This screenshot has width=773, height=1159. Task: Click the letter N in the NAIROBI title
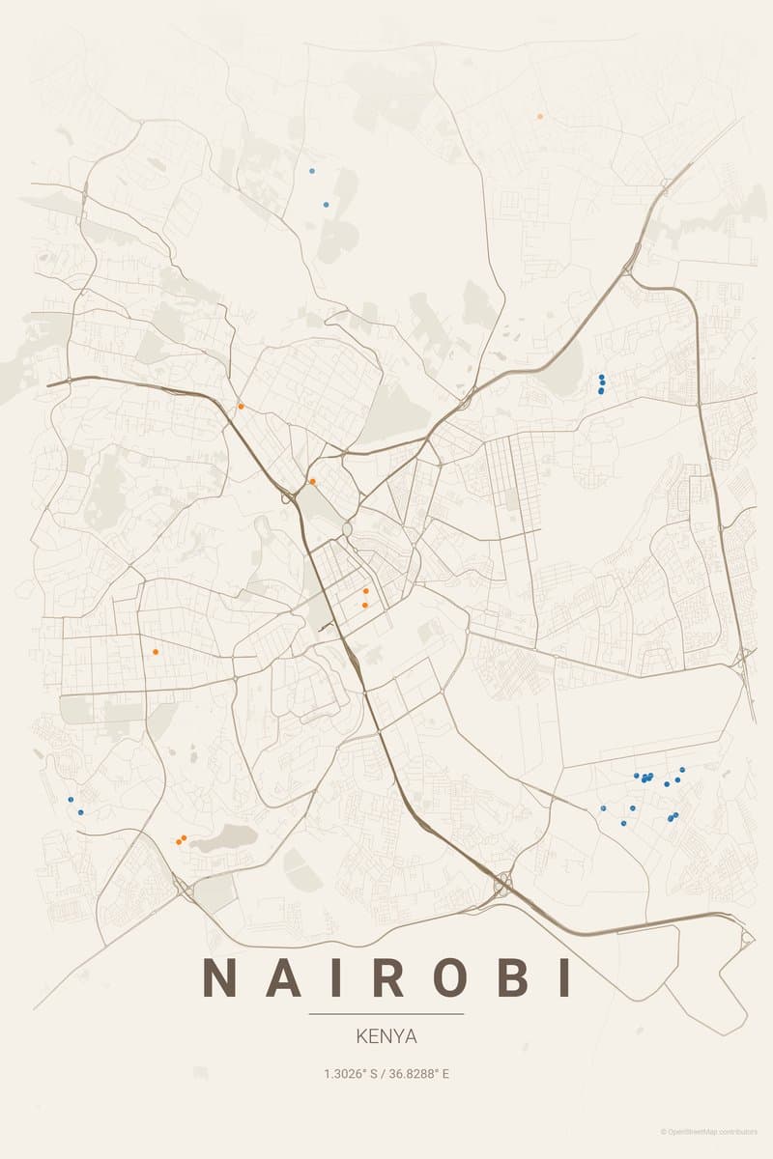tap(221, 977)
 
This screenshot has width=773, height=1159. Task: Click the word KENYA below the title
tap(386, 1036)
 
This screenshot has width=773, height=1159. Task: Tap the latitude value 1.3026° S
tap(351, 1073)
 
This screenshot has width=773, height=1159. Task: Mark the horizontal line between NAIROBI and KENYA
tap(386, 1014)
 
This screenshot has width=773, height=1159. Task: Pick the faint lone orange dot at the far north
tap(540, 116)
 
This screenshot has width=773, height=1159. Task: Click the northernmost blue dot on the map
tap(311, 170)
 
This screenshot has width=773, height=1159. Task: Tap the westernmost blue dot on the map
tap(71, 800)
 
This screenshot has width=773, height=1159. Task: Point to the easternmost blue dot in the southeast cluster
tap(682, 770)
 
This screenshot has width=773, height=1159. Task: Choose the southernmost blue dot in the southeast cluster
tap(623, 823)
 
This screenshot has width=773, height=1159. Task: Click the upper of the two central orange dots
tap(365, 590)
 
